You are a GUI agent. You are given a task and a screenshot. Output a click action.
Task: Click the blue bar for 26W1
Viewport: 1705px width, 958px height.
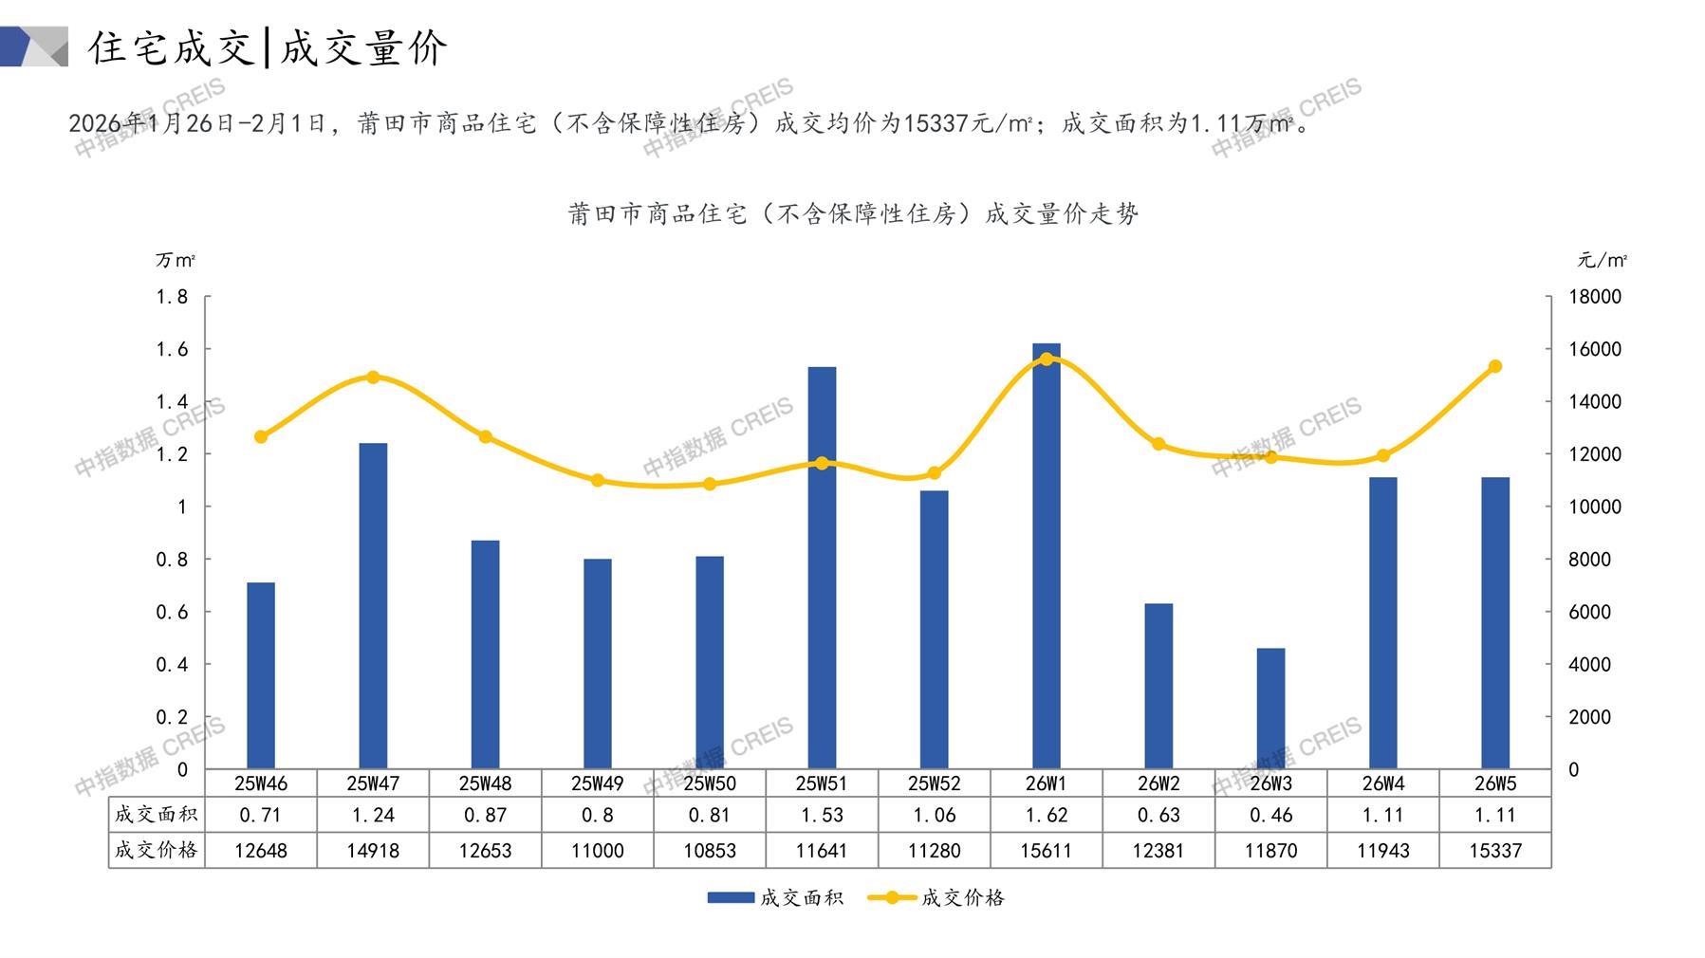tap(1046, 560)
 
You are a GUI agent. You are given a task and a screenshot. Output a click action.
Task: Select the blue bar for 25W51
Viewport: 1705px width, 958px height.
tap(822, 569)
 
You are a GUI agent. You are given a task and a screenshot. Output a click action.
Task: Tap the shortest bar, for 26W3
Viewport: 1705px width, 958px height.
tap(1270, 709)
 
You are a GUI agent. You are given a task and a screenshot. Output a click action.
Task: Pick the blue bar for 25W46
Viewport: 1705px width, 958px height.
tap(261, 675)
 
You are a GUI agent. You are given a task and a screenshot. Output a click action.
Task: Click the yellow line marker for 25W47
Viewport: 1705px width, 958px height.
tap(373, 378)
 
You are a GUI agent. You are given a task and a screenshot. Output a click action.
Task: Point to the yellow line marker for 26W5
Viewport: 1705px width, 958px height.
tap(1495, 366)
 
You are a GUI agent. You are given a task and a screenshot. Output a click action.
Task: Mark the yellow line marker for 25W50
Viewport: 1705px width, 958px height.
tap(710, 484)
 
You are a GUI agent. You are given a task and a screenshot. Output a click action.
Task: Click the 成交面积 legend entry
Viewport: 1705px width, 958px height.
tap(775, 897)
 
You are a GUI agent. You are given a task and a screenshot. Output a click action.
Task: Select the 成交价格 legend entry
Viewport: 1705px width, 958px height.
tap(936, 897)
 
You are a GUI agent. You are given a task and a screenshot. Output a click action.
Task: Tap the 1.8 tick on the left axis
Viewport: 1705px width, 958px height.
tap(172, 297)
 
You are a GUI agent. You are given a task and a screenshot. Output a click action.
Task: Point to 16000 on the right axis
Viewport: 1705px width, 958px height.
tap(1595, 349)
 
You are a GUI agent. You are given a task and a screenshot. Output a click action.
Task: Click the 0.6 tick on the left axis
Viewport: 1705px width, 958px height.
tap(172, 612)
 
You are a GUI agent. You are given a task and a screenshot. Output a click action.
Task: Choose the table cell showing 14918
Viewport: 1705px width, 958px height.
tap(373, 851)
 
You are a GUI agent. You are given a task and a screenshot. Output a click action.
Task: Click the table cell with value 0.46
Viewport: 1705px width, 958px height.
tap(1270, 815)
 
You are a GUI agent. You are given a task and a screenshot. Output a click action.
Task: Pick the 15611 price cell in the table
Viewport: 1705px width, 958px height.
tap(1046, 851)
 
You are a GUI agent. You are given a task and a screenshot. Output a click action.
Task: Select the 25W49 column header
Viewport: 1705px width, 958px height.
tap(598, 783)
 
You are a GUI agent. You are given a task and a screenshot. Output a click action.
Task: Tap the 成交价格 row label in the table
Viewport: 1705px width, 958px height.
tap(157, 851)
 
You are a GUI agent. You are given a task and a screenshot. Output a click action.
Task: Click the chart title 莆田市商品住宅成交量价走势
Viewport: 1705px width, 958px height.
tap(853, 214)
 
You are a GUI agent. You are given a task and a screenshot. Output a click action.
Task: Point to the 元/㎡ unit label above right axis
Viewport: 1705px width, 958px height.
tap(1603, 260)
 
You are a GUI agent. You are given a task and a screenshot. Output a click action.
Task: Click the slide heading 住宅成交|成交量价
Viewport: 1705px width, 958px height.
tap(268, 47)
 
